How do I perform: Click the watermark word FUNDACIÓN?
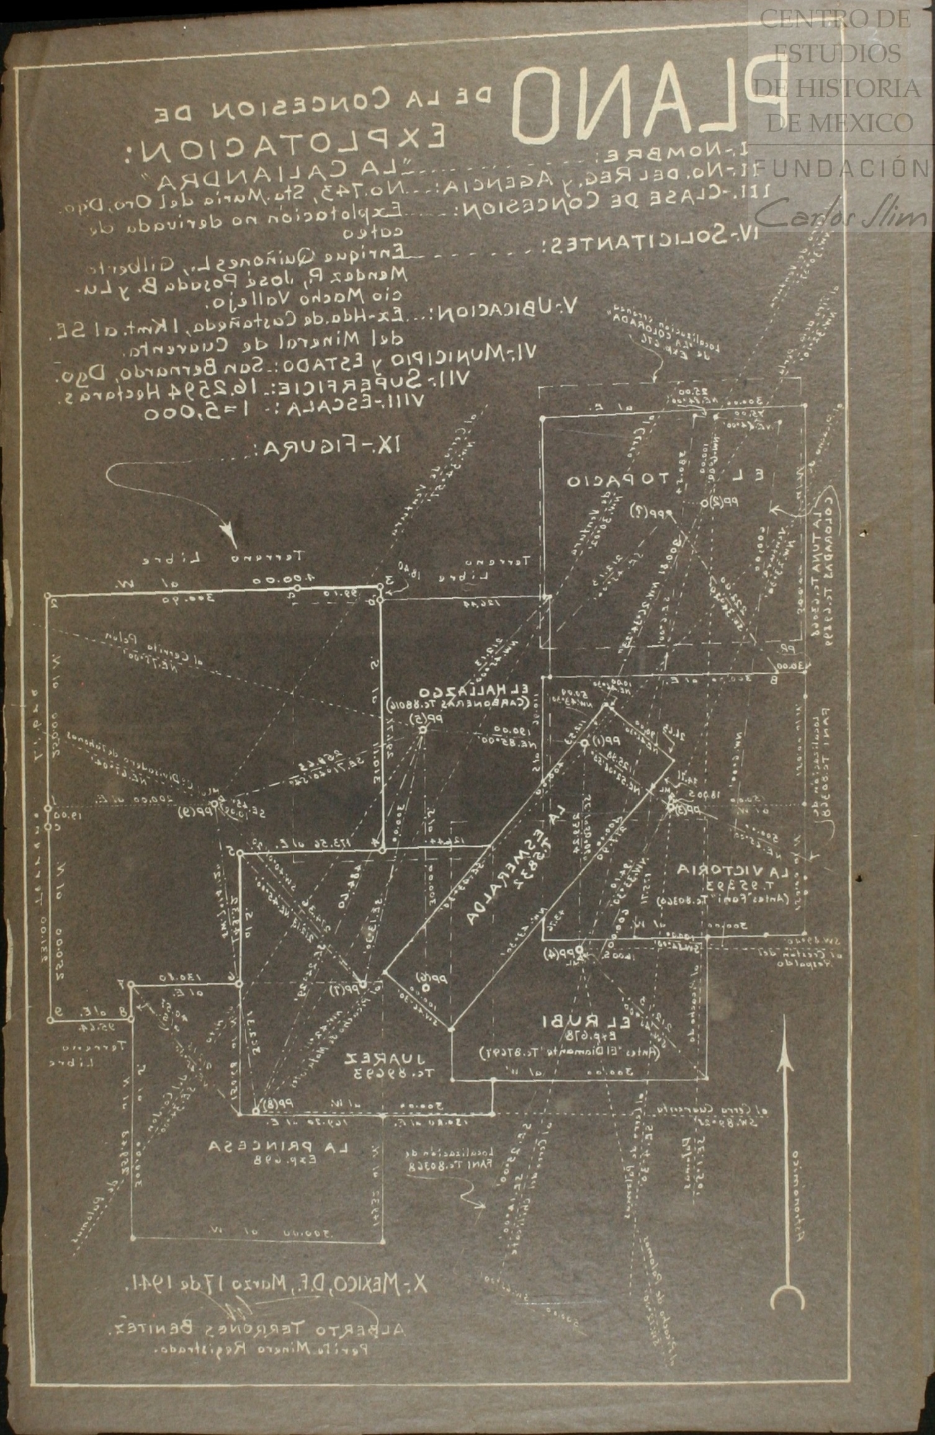[844, 168]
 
